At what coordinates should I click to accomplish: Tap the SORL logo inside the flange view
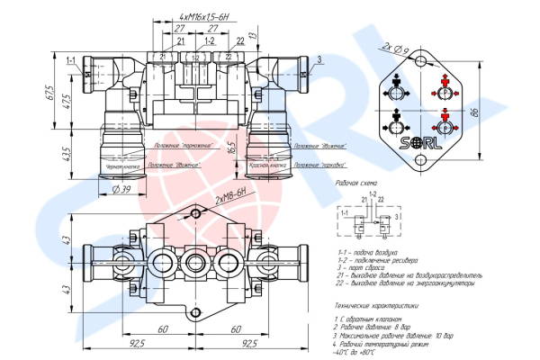(422, 140)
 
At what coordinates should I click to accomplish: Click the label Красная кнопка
(267, 166)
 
